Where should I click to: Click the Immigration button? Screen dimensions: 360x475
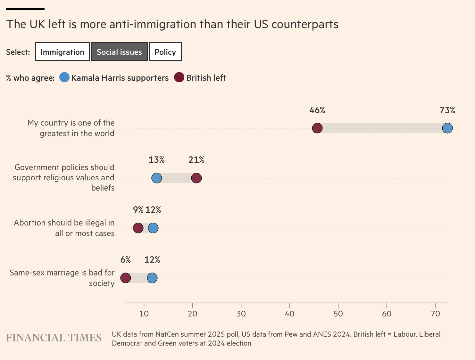point(63,52)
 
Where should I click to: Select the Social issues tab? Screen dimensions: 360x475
point(119,52)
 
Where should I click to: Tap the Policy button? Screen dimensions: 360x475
point(165,52)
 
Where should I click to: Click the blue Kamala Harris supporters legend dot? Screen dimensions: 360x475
point(64,78)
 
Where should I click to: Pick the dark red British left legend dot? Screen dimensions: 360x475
point(179,78)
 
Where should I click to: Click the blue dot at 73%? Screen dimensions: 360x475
point(447,128)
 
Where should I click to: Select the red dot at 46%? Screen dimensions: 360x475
point(317,128)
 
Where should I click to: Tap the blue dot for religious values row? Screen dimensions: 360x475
point(156,178)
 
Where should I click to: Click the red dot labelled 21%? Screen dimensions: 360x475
point(196,178)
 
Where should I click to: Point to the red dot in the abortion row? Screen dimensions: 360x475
point(138,228)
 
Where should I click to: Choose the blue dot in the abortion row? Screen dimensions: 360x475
point(153,228)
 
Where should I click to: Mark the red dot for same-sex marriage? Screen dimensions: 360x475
point(126,278)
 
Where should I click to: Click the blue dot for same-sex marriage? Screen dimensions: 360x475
point(152,278)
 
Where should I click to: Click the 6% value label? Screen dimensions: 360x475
point(126,260)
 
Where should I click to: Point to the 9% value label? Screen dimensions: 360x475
point(138,210)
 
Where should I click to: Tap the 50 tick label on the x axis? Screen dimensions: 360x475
point(338,314)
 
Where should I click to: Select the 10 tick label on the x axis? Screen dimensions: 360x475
point(144,314)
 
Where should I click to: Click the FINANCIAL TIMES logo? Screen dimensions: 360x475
point(54,338)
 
